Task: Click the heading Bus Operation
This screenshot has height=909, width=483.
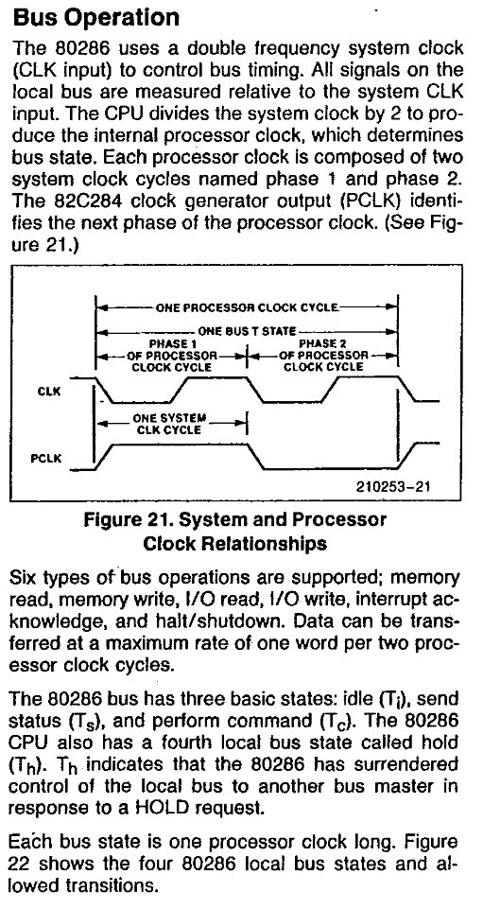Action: (x=96, y=19)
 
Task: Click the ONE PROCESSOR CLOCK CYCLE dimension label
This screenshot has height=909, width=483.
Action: (x=246, y=307)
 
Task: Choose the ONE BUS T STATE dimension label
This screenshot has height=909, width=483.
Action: (x=247, y=332)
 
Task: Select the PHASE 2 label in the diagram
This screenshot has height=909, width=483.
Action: (x=322, y=343)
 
